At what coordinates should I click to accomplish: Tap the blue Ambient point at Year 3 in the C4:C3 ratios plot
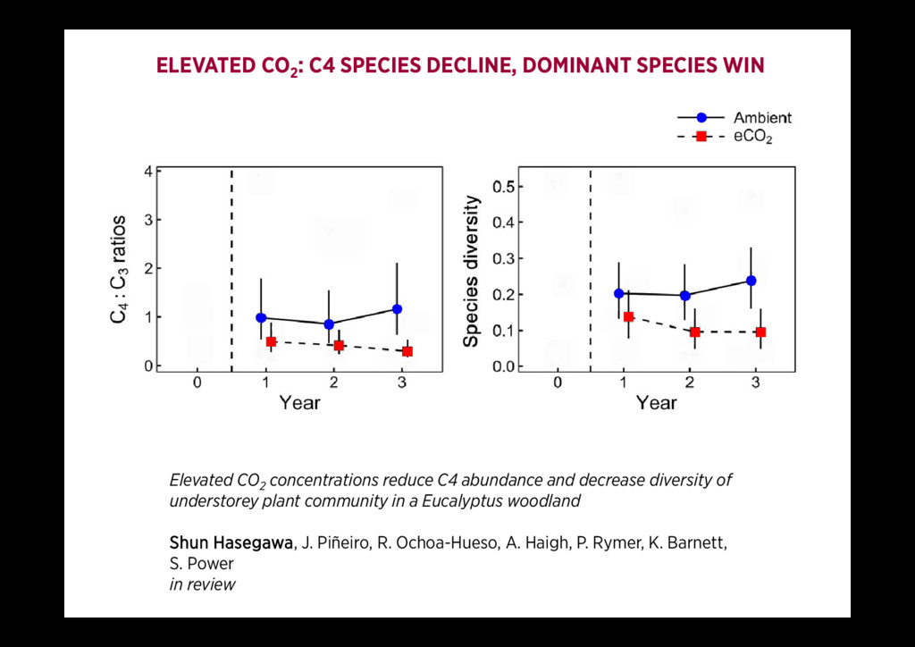click(397, 309)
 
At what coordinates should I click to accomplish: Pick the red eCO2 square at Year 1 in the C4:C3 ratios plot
click(271, 341)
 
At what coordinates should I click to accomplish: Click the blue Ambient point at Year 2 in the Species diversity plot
click(684, 296)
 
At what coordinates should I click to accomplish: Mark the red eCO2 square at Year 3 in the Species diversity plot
click(760, 332)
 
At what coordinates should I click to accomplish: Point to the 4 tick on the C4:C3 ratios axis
click(147, 171)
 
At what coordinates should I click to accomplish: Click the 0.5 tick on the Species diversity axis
click(503, 187)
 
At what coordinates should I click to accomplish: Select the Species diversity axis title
click(472, 273)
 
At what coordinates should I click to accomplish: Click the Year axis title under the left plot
click(299, 403)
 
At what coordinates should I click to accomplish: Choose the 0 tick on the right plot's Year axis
click(558, 383)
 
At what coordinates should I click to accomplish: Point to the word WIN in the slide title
click(744, 66)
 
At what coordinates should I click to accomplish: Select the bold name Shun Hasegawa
click(231, 543)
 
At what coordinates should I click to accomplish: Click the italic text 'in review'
click(203, 584)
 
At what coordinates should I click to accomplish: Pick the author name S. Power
click(202, 564)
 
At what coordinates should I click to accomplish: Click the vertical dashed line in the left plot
click(231, 268)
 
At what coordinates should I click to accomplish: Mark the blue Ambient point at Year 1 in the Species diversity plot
click(618, 293)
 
